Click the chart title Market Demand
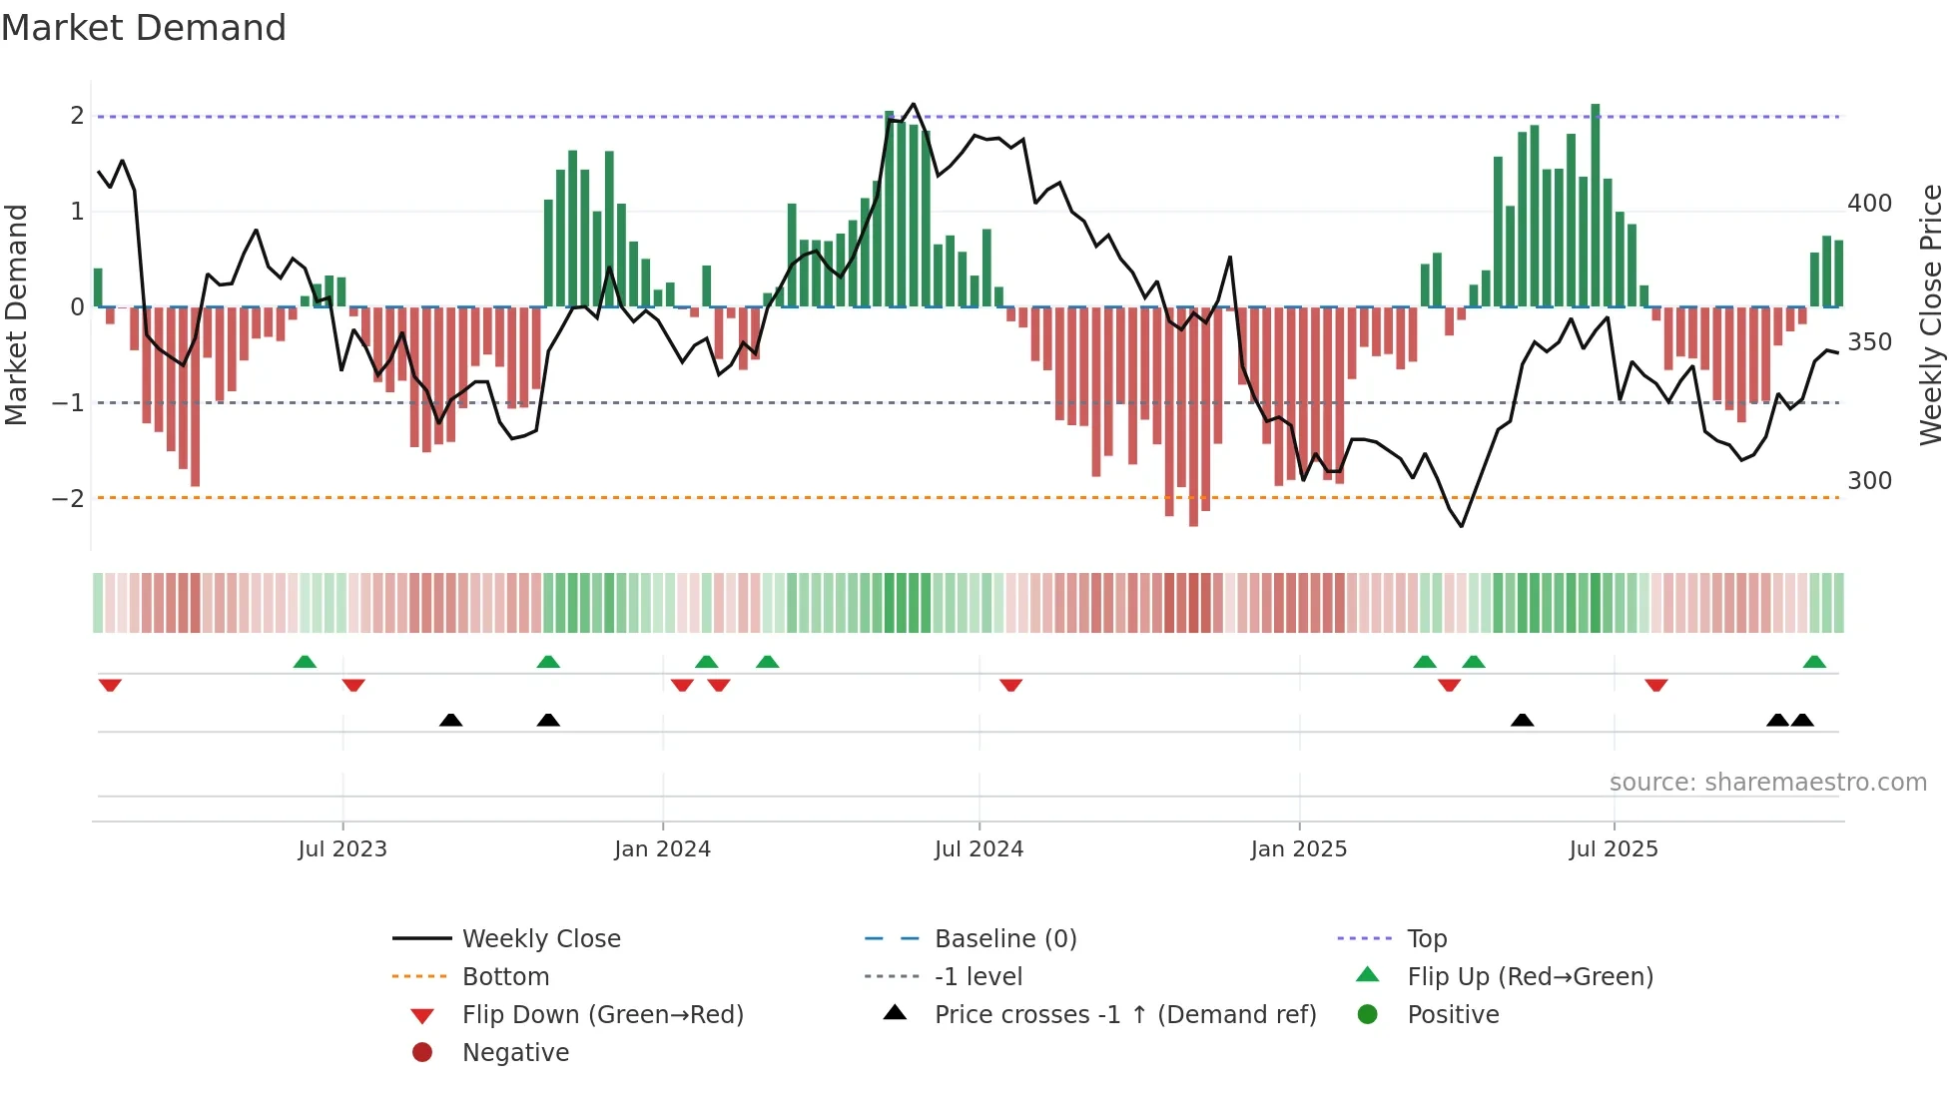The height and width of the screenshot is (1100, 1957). coord(144,28)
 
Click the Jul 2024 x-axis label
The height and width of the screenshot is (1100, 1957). coord(978,849)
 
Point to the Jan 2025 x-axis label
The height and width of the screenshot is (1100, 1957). coord(1298,849)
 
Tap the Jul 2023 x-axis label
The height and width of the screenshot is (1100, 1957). coord(342,849)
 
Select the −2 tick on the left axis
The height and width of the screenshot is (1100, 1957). coord(68,498)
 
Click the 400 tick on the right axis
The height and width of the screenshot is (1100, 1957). coord(1869,204)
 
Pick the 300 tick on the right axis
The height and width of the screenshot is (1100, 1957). coord(1869,481)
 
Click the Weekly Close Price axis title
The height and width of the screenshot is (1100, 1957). coord(1931,314)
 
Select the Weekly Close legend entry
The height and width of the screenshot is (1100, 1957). coord(540,939)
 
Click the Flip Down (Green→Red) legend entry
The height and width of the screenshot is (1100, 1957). coord(602,1015)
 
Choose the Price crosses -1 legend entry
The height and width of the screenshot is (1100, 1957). coord(1124,1015)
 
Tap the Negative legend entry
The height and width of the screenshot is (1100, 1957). coord(515,1053)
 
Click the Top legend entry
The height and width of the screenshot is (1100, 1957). coord(1426,939)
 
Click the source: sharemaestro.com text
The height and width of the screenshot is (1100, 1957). coord(1767,783)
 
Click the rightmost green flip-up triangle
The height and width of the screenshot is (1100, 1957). coord(1814,662)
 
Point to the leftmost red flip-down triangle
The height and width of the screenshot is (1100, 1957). coord(110,685)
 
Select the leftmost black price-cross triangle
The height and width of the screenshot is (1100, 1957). coord(450,720)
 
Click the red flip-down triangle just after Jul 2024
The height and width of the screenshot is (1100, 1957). coord(1010,685)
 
